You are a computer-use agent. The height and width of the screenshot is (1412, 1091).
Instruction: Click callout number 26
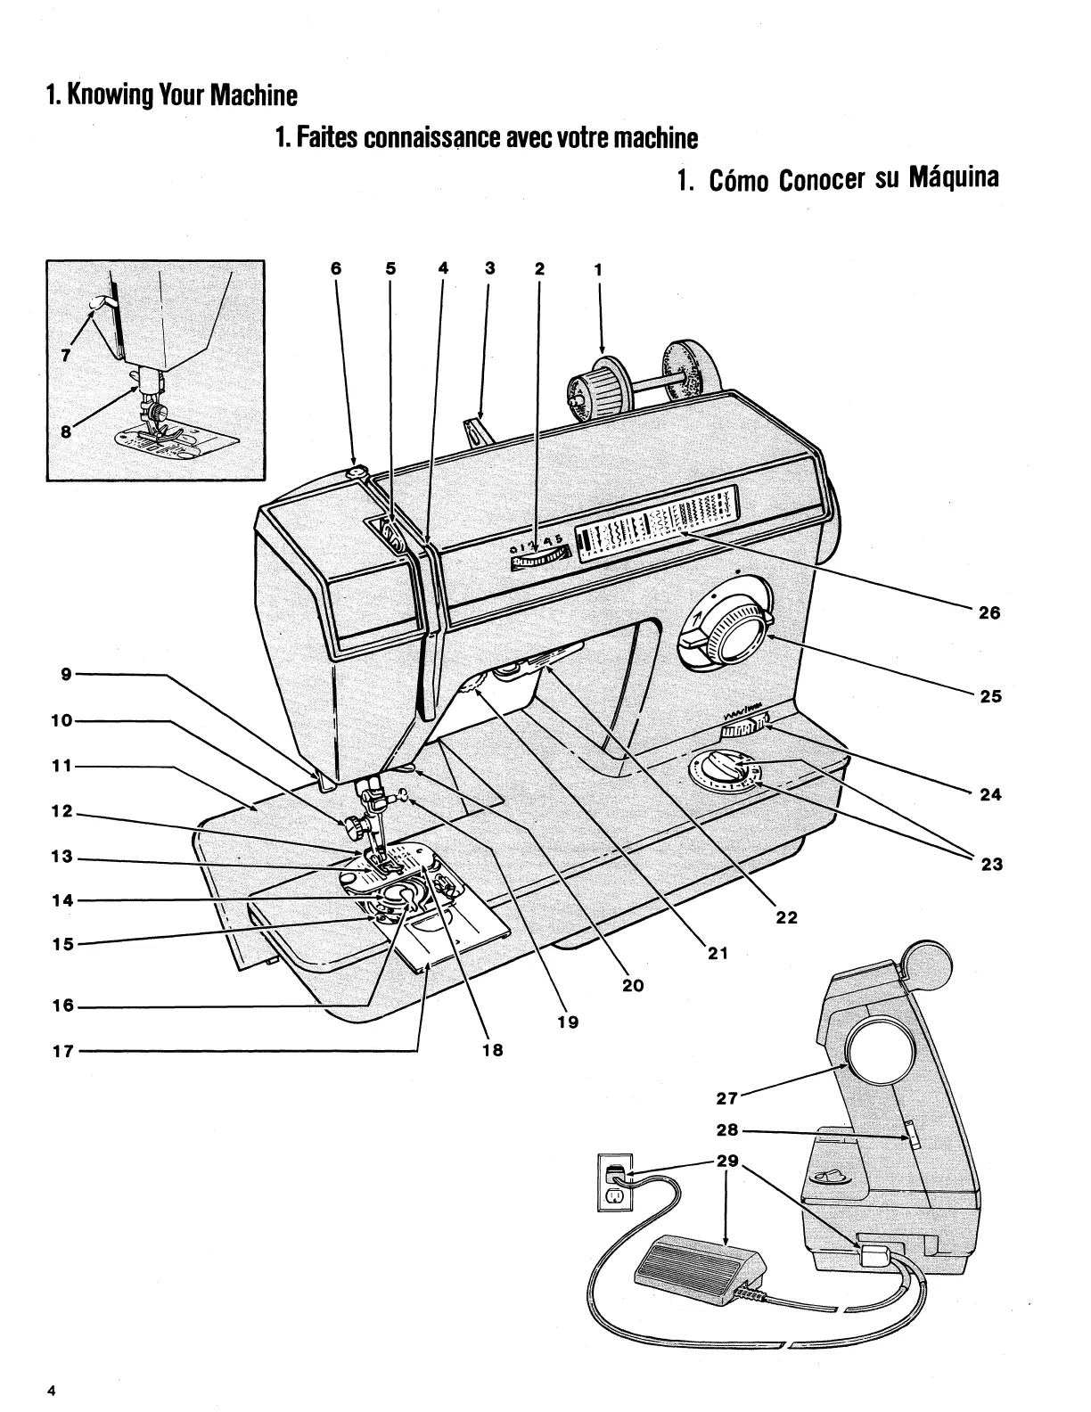point(989,613)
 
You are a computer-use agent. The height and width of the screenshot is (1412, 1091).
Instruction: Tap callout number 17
point(62,1051)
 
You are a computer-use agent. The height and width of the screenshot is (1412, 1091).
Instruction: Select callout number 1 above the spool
point(598,267)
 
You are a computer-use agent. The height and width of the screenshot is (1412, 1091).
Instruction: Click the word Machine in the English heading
point(253,94)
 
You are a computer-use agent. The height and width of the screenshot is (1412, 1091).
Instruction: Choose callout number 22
point(786,916)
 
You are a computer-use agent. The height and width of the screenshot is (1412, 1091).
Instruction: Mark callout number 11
point(62,766)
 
